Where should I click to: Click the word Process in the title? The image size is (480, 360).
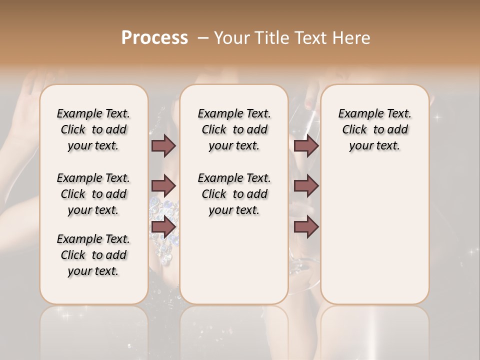[x=154, y=38]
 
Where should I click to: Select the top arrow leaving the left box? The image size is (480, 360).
[x=163, y=145]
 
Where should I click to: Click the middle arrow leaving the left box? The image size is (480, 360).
[x=163, y=186]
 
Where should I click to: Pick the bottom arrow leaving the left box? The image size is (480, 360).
[x=163, y=227]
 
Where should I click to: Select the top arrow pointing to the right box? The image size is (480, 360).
[x=306, y=145]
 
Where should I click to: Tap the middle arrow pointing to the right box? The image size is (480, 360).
[x=306, y=186]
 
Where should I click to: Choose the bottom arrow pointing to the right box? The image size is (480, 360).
[x=306, y=227]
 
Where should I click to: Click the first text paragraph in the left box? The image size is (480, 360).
[x=93, y=129]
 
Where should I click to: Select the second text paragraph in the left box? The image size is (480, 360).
[x=93, y=194]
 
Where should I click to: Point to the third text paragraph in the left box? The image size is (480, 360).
[x=93, y=255]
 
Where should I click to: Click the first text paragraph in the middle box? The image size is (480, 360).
[x=234, y=129]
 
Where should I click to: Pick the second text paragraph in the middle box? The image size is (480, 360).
[x=234, y=194]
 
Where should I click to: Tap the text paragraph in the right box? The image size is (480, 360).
[x=375, y=129]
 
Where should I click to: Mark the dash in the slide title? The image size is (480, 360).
[x=203, y=38]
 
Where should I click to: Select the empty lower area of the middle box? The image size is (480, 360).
[x=234, y=260]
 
